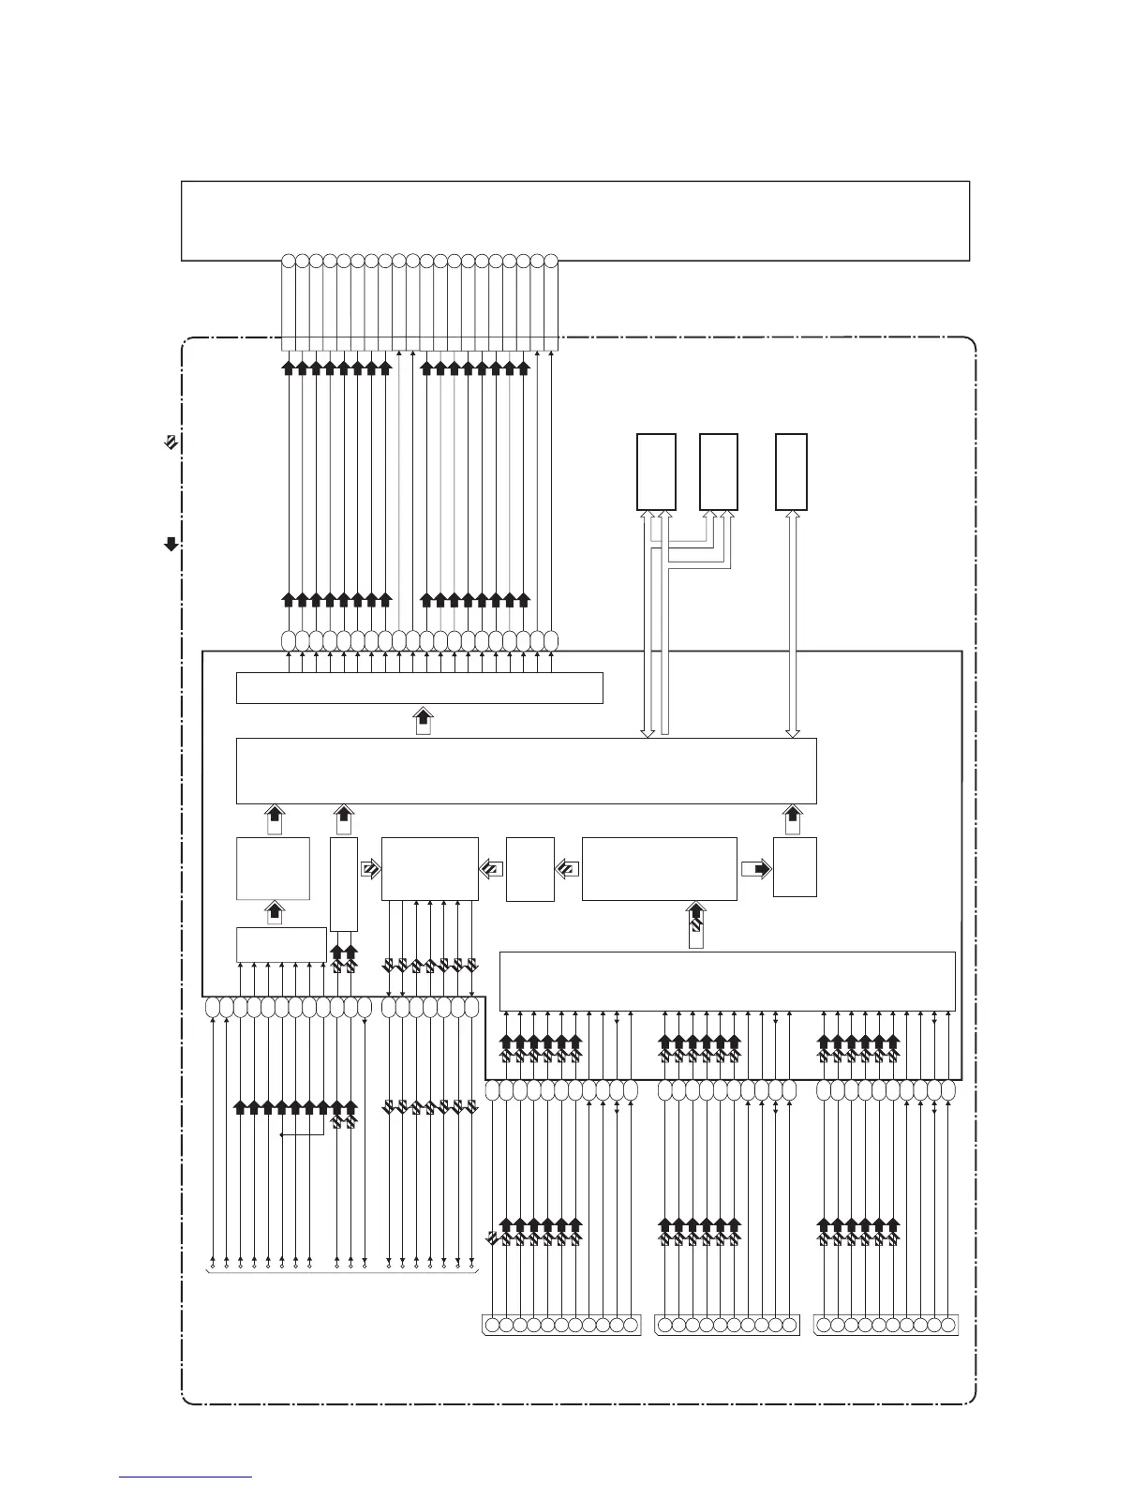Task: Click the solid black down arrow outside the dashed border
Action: (171, 543)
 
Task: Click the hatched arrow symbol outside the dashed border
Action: (171, 442)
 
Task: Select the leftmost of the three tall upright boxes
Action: (656, 472)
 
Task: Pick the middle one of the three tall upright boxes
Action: (719, 472)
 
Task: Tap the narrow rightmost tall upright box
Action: (792, 472)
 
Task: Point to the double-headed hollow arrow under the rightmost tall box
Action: (792, 623)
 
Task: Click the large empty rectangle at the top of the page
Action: (574, 219)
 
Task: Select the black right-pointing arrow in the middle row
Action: (755, 868)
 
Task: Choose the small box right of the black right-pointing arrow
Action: (795, 866)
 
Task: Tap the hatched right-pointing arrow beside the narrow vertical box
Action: (370, 868)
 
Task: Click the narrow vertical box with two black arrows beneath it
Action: (344, 883)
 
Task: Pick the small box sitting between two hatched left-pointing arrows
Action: (529, 868)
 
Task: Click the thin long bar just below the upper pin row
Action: (419, 687)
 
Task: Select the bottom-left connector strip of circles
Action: (560, 1325)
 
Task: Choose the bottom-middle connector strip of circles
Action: (726, 1325)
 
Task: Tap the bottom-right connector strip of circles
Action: (886, 1325)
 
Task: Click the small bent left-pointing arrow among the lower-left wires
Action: (302, 1134)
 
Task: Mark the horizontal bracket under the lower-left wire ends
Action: (341, 1272)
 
